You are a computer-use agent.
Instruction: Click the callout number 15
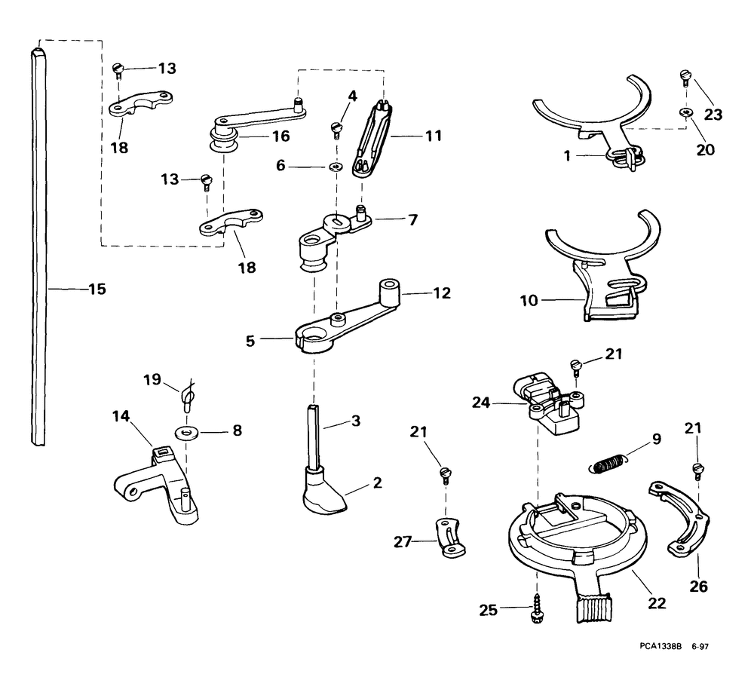(x=97, y=289)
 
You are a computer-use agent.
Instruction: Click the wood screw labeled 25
(x=537, y=609)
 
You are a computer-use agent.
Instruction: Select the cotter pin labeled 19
(x=188, y=394)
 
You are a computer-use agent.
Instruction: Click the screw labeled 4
(x=336, y=129)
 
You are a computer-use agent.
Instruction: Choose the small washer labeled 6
(x=336, y=165)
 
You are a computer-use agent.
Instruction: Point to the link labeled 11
(x=374, y=139)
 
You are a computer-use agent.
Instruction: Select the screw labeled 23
(x=685, y=76)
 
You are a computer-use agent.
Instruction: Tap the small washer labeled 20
(x=685, y=112)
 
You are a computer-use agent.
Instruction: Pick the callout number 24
(x=483, y=404)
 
